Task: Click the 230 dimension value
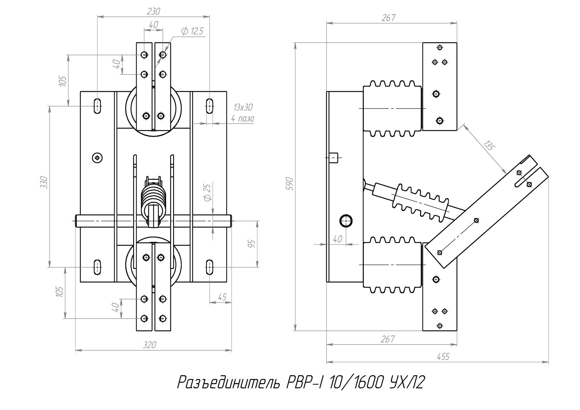click(x=153, y=11)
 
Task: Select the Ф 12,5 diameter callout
click(x=192, y=31)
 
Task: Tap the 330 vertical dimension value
click(x=44, y=182)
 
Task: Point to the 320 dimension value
click(x=149, y=345)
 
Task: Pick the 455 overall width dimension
click(x=443, y=357)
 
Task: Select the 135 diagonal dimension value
click(x=488, y=146)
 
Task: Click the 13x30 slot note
click(x=243, y=108)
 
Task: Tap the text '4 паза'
click(x=243, y=118)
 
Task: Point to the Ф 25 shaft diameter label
click(x=207, y=193)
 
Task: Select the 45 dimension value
click(x=222, y=297)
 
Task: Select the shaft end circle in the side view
click(x=346, y=221)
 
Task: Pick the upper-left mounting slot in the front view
click(x=97, y=106)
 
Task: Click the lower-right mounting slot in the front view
click(x=210, y=267)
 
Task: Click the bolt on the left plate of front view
click(x=97, y=157)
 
